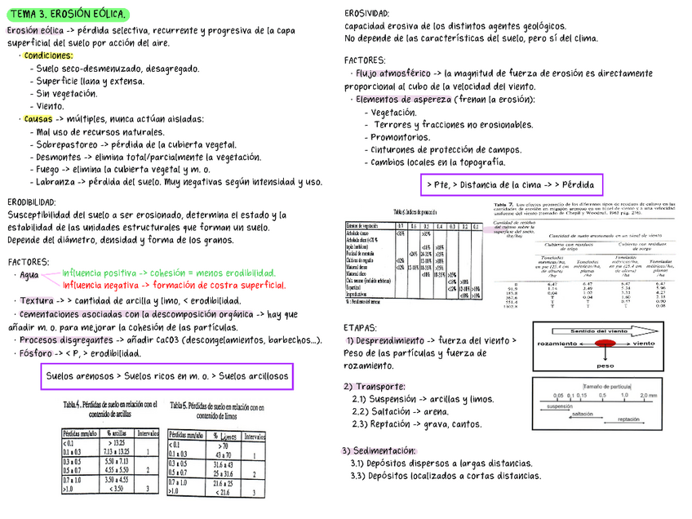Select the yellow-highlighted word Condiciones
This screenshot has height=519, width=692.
(48, 55)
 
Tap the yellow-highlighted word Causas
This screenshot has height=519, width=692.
(38, 119)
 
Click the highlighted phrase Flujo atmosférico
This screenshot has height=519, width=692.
(393, 73)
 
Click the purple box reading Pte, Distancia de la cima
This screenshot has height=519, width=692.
(511, 184)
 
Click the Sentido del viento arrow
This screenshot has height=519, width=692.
(601, 331)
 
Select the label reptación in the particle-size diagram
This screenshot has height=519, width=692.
(628, 419)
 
